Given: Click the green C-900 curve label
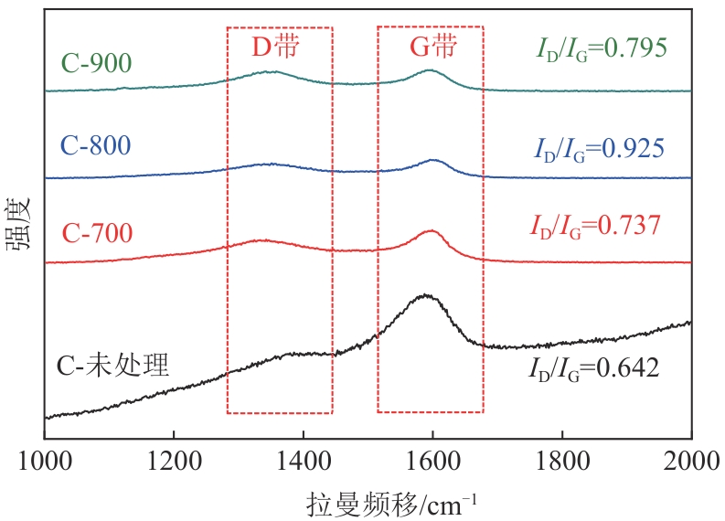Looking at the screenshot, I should tap(96, 62).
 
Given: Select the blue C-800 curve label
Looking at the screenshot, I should tap(96, 146).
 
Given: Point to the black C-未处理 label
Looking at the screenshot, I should tap(113, 367).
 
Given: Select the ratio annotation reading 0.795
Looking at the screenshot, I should tap(604, 48).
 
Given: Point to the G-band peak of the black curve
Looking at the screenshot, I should tap(424, 295).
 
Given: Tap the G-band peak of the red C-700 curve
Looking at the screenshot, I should tap(432, 231).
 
